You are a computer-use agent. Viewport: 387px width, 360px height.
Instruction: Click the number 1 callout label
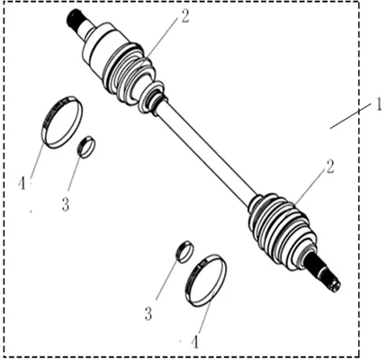379,105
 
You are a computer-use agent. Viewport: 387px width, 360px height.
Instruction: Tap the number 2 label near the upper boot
184,17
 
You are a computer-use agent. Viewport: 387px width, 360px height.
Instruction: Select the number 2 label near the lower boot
329,167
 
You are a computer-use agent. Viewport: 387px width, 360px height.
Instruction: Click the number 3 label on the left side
66,204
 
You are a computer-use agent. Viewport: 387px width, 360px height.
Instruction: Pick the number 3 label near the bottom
148,314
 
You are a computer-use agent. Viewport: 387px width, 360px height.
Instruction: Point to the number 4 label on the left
22,183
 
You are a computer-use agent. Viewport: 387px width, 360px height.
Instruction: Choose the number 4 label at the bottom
195,342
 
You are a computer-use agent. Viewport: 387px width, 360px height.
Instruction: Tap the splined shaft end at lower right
326,274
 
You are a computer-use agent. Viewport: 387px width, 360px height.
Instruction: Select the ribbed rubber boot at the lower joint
282,232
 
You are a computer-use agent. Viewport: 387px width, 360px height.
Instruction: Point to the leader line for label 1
350,116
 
